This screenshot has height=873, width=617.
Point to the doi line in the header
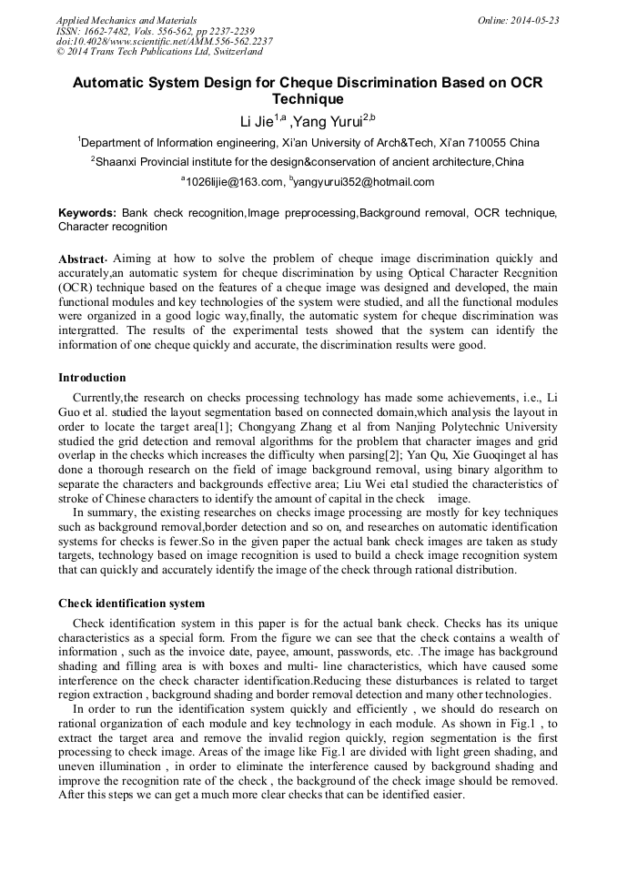click(164, 41)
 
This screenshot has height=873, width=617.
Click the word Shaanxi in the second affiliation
click(123, 162)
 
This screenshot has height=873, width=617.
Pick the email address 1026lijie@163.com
click(235, 182)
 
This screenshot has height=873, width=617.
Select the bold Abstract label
click(83, 259)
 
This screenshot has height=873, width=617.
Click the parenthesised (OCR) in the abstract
click(76, 287)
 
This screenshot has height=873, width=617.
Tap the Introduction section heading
click(92, 378)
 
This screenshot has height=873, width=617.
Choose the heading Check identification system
click(131, 604)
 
